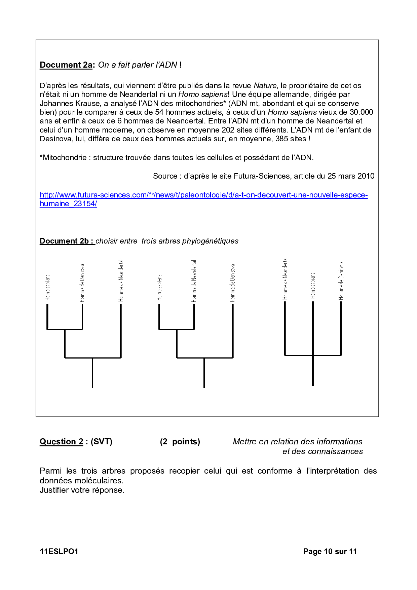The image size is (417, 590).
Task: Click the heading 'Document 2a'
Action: click(66, 65)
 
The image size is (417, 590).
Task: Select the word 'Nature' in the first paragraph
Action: click(265, 86)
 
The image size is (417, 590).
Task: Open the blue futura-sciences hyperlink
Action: click(203, 195)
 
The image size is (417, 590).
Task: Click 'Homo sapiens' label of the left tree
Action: click(48, 287)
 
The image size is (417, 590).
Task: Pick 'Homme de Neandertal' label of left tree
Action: click(121, 281)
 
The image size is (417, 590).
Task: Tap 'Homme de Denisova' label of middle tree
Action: click(233, 283)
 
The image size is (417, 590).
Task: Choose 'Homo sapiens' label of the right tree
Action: click(313, 286)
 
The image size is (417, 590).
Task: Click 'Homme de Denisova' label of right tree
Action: click(341, 281)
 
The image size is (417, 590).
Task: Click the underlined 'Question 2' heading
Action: click(61, 442)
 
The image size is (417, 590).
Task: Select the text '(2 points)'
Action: click(180, 442)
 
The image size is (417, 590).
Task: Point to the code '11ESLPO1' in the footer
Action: click(59, 551)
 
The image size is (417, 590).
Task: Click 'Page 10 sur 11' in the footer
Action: click(330, 551)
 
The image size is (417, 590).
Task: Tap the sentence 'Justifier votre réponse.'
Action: click(82, 490)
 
